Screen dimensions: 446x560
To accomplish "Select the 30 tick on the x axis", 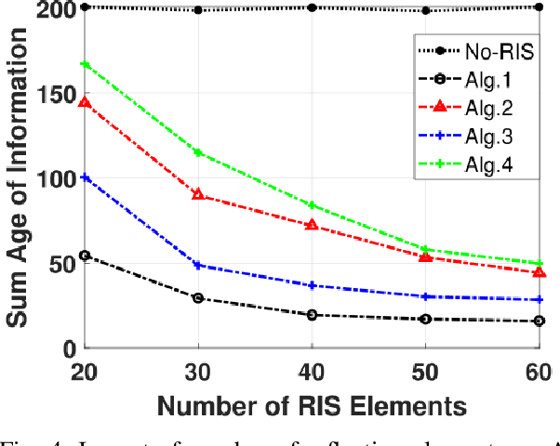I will pos(198,369).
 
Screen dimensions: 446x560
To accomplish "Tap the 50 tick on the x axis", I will pos(426,369).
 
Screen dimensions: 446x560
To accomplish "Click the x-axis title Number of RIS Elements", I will pos(312,405).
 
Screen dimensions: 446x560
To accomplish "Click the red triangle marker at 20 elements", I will pos(85,102).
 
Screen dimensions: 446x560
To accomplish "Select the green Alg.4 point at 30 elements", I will pos(198,152).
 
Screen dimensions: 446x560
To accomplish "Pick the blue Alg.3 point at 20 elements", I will pos(85,177).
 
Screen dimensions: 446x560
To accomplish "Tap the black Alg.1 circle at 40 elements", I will pos(312,315).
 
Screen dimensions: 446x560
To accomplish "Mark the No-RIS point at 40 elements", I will pos(312,7).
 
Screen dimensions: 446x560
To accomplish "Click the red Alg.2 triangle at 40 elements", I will pos(312,225).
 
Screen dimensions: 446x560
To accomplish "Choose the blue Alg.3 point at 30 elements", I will pos(198,265).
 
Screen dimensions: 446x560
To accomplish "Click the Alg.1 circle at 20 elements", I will pos(85,255).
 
